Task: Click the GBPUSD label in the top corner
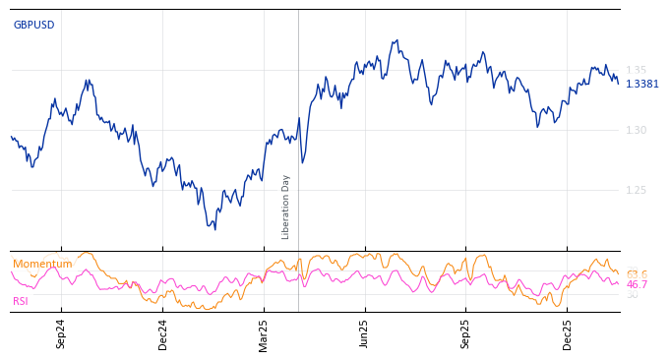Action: click(33, 25)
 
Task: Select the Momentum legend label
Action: click(42, 264)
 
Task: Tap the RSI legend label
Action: click(20, 301)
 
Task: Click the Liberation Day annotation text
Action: click(286, 207)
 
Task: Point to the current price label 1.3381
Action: click(642, 84)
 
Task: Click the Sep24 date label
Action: click(61, 333)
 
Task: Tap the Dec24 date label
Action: click(163, 333)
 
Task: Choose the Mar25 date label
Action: click(264, 333)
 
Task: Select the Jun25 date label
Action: click(365, 333)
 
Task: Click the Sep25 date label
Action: click(466, 333)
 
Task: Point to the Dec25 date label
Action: click(568, 333)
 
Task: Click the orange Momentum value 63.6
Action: click(637, 274)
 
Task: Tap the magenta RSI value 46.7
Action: click(637, 284)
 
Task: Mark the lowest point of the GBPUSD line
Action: click(214, 229)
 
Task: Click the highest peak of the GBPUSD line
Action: click(396, 40)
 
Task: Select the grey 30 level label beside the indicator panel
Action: click(632, 295)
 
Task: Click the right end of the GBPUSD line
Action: click(618, 83)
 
